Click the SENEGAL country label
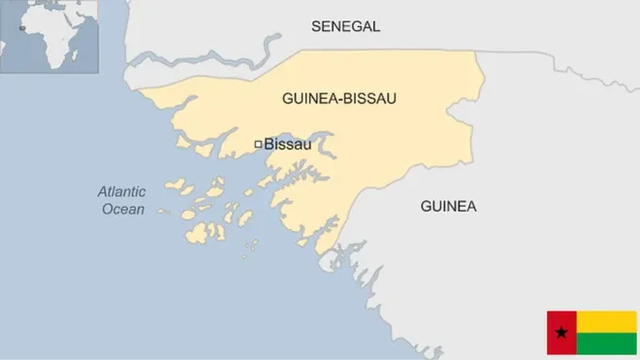pos(345,26)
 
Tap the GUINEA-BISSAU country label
pos(339,99)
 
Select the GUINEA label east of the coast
pos(448,206)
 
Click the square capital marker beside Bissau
pos(257,145)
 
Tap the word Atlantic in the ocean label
pos(121,192)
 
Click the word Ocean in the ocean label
pos(123,209)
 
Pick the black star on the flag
pos(560,333)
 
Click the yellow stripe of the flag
pos(606,321)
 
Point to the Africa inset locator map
pos(50,36)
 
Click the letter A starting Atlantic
pos(102,192)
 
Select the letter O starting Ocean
pos(108,209)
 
